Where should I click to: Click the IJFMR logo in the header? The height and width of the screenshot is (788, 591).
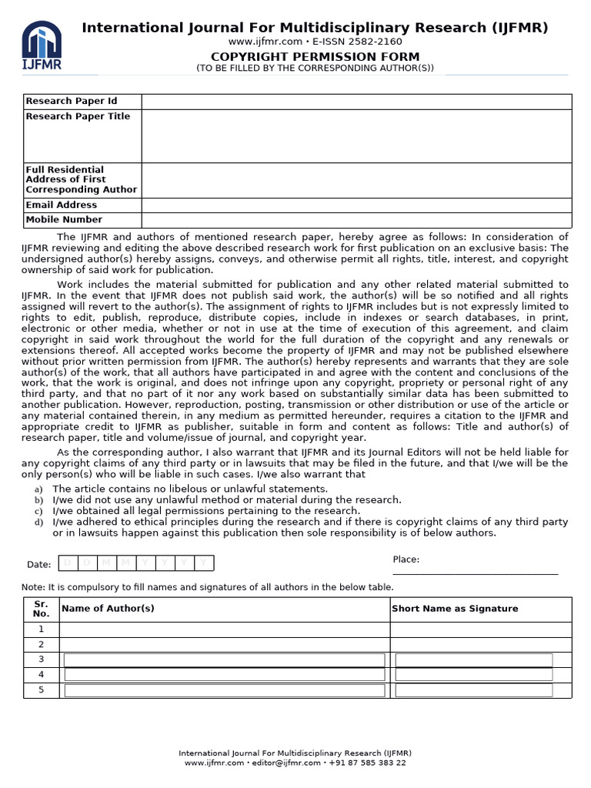(42, 45)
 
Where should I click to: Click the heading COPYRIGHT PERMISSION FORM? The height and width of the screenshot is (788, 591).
(316, 56)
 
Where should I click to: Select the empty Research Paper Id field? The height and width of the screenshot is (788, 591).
(356, 102)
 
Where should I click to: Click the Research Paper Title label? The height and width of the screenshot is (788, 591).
(78, 116)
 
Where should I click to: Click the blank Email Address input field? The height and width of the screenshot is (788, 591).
(356, 205)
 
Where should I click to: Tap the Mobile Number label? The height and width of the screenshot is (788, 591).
(64, 219)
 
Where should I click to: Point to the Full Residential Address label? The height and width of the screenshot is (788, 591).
(81, 179)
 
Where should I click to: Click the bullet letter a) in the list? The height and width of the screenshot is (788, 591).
(38, 489)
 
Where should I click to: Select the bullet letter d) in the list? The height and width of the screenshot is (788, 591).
(38, 523)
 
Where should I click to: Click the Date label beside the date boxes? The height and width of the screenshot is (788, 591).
(38, 564)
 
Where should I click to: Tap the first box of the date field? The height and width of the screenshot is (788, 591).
(68, 563)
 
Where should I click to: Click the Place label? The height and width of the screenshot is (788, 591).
(406, 559)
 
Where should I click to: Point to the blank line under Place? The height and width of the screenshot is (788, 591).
(475, 573)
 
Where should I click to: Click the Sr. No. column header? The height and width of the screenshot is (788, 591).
(41, 609)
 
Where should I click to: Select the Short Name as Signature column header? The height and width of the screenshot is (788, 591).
(455, 609)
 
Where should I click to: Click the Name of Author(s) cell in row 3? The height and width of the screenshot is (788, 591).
(224, 659)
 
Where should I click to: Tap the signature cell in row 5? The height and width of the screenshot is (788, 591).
(474, 689)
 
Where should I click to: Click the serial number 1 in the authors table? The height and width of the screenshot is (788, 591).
(41, 629)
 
